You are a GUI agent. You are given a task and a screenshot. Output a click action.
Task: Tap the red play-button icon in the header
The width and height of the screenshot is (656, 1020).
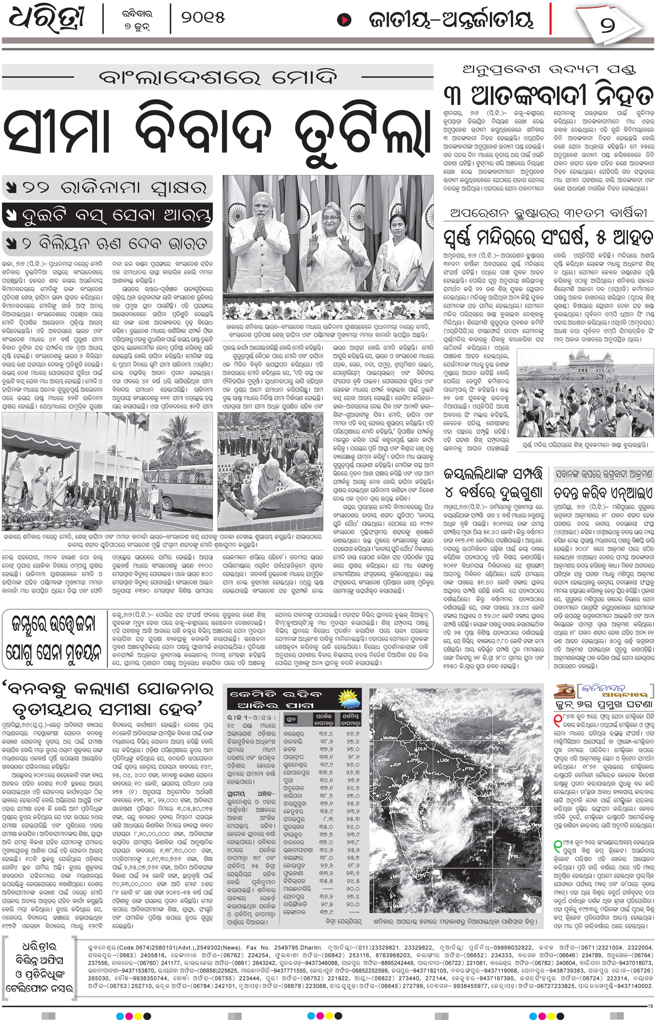pyautogui.click(x=344, y=20)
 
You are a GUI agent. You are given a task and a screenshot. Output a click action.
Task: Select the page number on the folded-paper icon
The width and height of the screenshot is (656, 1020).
pyautogui.click(x=607, y=23)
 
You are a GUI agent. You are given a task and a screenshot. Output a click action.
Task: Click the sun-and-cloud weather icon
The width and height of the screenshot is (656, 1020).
pyautogui.click(x=351, y=699)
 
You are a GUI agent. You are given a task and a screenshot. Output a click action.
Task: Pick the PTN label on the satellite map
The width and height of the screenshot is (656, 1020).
pyautogui.click(x=469, y=769)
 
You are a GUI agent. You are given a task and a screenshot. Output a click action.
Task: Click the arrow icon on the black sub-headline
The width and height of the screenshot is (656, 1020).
pyautogui.click(x=9, y=215)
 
